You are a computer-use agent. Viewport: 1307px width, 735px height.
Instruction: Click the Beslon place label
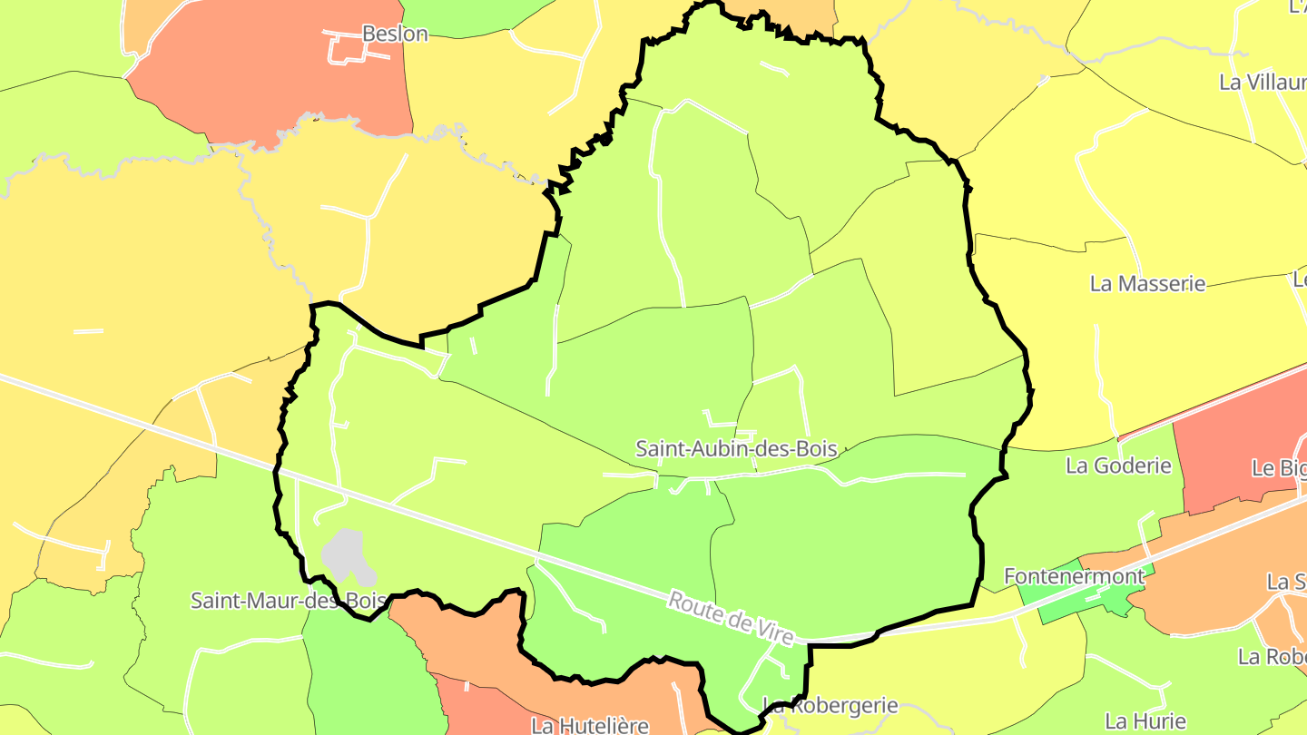(x=395, y=34)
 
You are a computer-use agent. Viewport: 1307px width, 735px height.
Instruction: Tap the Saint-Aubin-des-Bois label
(x=735, y=448)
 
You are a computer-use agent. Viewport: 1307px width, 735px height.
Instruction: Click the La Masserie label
(x=1147, y=283)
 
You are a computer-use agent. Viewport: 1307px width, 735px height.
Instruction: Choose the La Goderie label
(x=1118, y=466)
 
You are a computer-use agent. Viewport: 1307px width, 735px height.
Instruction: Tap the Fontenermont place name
(x=1074, y=576)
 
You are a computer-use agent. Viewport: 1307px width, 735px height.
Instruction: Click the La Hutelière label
(x=590, y=725)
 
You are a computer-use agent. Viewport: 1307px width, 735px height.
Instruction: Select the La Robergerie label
(x=831, y=705)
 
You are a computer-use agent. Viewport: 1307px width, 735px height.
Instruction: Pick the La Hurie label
(x=1145, y=721)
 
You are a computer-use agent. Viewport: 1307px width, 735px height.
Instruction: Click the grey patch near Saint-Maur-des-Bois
(x=347, y=555)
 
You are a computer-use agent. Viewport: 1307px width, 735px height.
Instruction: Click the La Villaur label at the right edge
(x=1262, y=82)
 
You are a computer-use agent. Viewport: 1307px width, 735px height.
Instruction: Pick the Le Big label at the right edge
(x=1278, y=468)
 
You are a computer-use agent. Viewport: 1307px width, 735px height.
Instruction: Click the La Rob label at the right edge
(x=1272, y=655)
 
